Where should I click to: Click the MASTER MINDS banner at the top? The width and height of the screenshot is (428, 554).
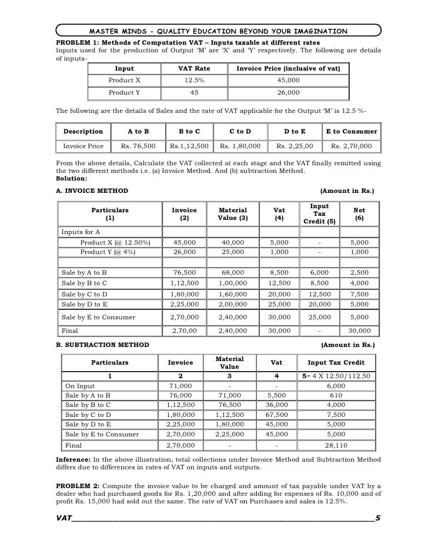pyautogui.click(x=218, y=31)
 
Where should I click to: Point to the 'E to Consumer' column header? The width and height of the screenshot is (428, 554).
pyautogui.click(x=350, y=132)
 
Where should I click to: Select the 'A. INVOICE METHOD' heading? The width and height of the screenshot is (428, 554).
pyautogui.click(x=88, y=191)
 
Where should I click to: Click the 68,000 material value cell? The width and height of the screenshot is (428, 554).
pyautogui.click(x=233, y=272)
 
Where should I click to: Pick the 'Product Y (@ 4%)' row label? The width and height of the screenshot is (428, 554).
pyautogui.click(x=108, y=252)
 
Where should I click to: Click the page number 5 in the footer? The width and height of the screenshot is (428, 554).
pyautogui.click(x=377, y=518)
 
